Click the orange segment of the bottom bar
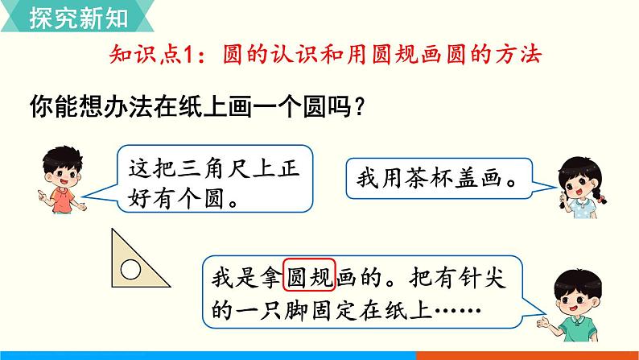(x=528, y=355)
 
